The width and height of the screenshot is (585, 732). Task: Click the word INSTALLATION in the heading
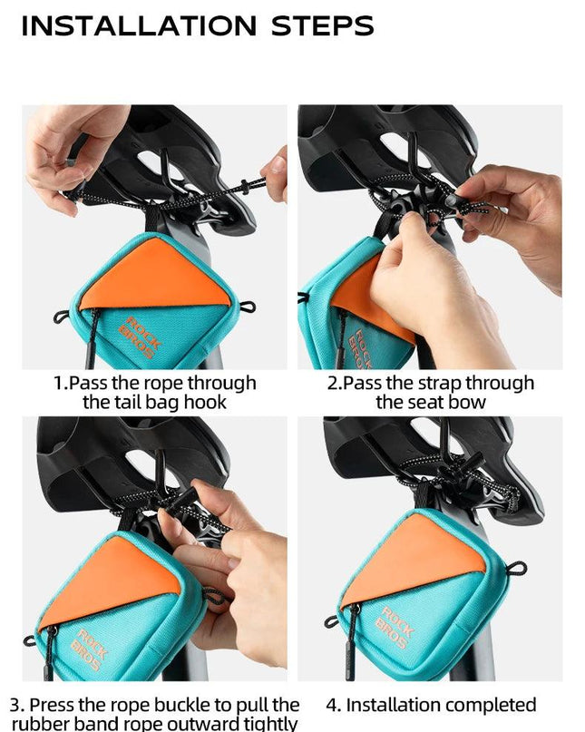point(139,25)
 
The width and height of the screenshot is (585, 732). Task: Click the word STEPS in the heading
point(323,25)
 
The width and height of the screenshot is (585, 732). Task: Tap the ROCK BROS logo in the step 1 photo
point(140,337)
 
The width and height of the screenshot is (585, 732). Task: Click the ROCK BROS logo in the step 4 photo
point(395,628)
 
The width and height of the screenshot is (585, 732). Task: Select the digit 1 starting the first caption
point(59,383)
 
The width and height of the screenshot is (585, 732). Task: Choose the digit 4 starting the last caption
point(330,705)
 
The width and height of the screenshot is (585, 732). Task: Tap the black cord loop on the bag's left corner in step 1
point(62,317)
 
